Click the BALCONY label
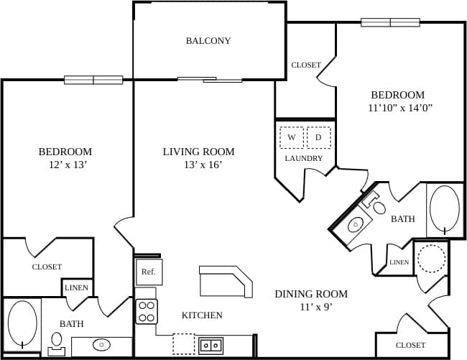(x=208, y=41)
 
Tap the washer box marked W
(x=292, y=137)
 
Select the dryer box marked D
(x=318, y=137)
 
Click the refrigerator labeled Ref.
(x=148, y=272)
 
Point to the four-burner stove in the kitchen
(x=147, y=310)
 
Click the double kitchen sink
(x=211, y=345)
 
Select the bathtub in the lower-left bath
(x=22, y=324)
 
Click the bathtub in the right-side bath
(x=445, y=210)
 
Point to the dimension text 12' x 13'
(x=65, y=165)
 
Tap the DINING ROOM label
(x=311, y=294)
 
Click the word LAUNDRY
(x=304, y=158)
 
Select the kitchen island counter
(x=226, y=280)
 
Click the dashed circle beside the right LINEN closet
(x=432, y=259)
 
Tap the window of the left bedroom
(x=93, y=80)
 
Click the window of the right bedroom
(x=390, y=22)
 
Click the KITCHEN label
(x=202, y=315)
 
